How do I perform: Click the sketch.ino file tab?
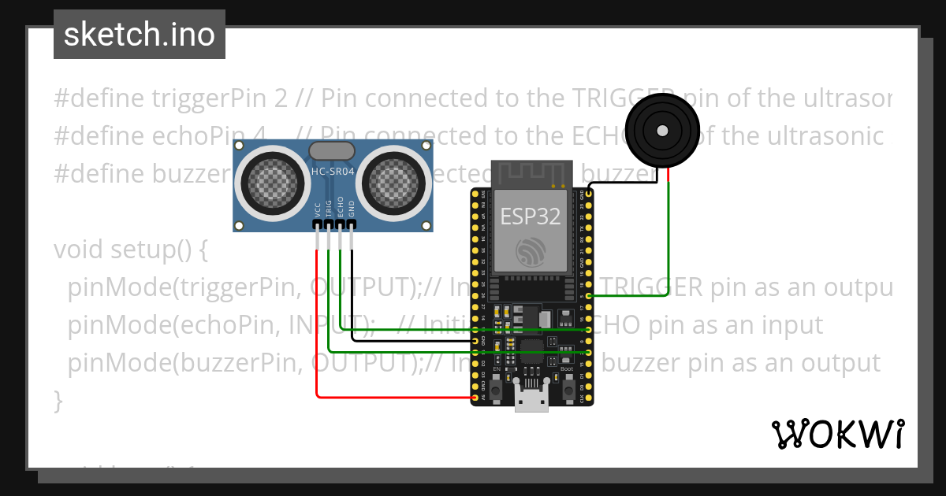[x=140, y=35]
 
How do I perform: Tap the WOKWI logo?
[x=836, y=434]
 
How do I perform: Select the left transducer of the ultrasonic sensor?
[x=270, y=183]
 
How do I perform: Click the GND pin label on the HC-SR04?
[x=352, y=209]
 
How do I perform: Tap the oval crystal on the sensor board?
[x=332, y=150]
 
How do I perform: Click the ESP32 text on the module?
[x=529, y=217]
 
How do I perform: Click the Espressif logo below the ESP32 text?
[x=530, y=251]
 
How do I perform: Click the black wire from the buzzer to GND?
[x=623, y=183]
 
